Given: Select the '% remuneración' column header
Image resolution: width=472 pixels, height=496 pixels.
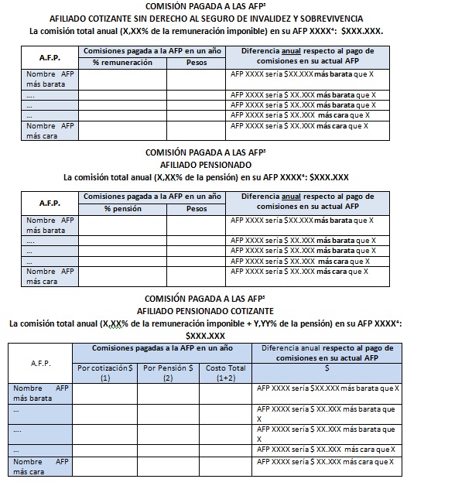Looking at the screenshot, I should (122, 62).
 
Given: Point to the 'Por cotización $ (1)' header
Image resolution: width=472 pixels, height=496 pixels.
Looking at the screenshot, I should (104, 373).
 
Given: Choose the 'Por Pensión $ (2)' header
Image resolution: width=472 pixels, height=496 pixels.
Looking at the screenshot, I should (169, 373).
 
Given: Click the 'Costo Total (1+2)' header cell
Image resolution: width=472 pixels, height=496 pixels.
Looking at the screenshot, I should (226, 373).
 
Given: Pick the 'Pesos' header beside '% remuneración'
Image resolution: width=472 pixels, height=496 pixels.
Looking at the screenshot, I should (196, 62).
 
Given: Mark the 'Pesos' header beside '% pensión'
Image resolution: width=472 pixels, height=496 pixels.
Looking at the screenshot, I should (196, 208).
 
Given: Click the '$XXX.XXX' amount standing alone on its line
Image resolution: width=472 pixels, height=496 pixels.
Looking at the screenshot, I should (205, 336).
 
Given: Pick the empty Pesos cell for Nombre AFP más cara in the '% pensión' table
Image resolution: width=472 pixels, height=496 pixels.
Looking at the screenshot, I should (196, 276).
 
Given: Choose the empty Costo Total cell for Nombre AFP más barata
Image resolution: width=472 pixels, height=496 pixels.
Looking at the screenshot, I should (226, 393).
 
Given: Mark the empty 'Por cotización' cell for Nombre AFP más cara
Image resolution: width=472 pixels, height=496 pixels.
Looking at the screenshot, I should (104, 466).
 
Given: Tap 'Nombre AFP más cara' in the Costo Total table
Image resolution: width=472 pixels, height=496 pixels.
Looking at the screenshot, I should (39, 466).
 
